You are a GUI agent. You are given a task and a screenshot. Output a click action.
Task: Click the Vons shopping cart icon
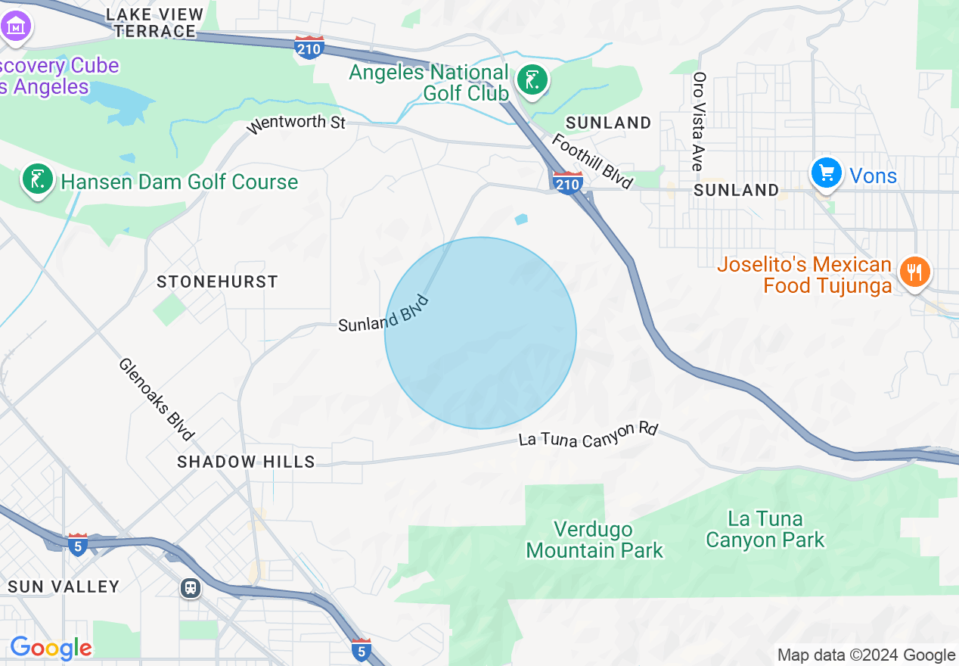point(826,173)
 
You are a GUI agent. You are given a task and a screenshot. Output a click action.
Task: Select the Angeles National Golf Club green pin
point(532,81)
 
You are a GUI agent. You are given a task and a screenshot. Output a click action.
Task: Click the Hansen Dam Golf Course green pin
point(36,180)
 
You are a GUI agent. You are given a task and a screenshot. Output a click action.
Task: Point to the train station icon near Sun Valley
point(191,588)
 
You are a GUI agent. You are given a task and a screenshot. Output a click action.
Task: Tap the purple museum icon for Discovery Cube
point(15,26)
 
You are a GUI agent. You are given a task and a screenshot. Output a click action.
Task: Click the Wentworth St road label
point(296,123)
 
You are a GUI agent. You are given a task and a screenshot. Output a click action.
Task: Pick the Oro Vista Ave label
point(699,121)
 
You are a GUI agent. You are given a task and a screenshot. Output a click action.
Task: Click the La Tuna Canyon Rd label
point(588,434)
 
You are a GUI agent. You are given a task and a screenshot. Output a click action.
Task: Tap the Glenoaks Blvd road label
point(156,399)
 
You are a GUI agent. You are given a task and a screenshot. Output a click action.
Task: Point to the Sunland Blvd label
point(383,314)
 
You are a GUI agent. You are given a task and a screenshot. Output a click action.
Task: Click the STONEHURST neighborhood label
point(217,282)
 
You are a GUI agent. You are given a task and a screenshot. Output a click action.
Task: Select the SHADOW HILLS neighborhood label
point(246,462)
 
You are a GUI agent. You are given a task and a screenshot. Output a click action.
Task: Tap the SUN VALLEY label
point(64,587)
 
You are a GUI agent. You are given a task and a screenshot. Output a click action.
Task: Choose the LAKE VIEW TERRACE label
point(155,23)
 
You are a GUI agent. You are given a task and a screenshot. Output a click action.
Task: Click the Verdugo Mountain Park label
point(594,540)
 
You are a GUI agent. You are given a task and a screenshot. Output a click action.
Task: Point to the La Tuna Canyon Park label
point(765,529)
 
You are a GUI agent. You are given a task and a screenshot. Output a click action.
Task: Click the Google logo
point(51,649)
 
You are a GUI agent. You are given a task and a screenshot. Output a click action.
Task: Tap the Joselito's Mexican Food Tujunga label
point(805,275)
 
